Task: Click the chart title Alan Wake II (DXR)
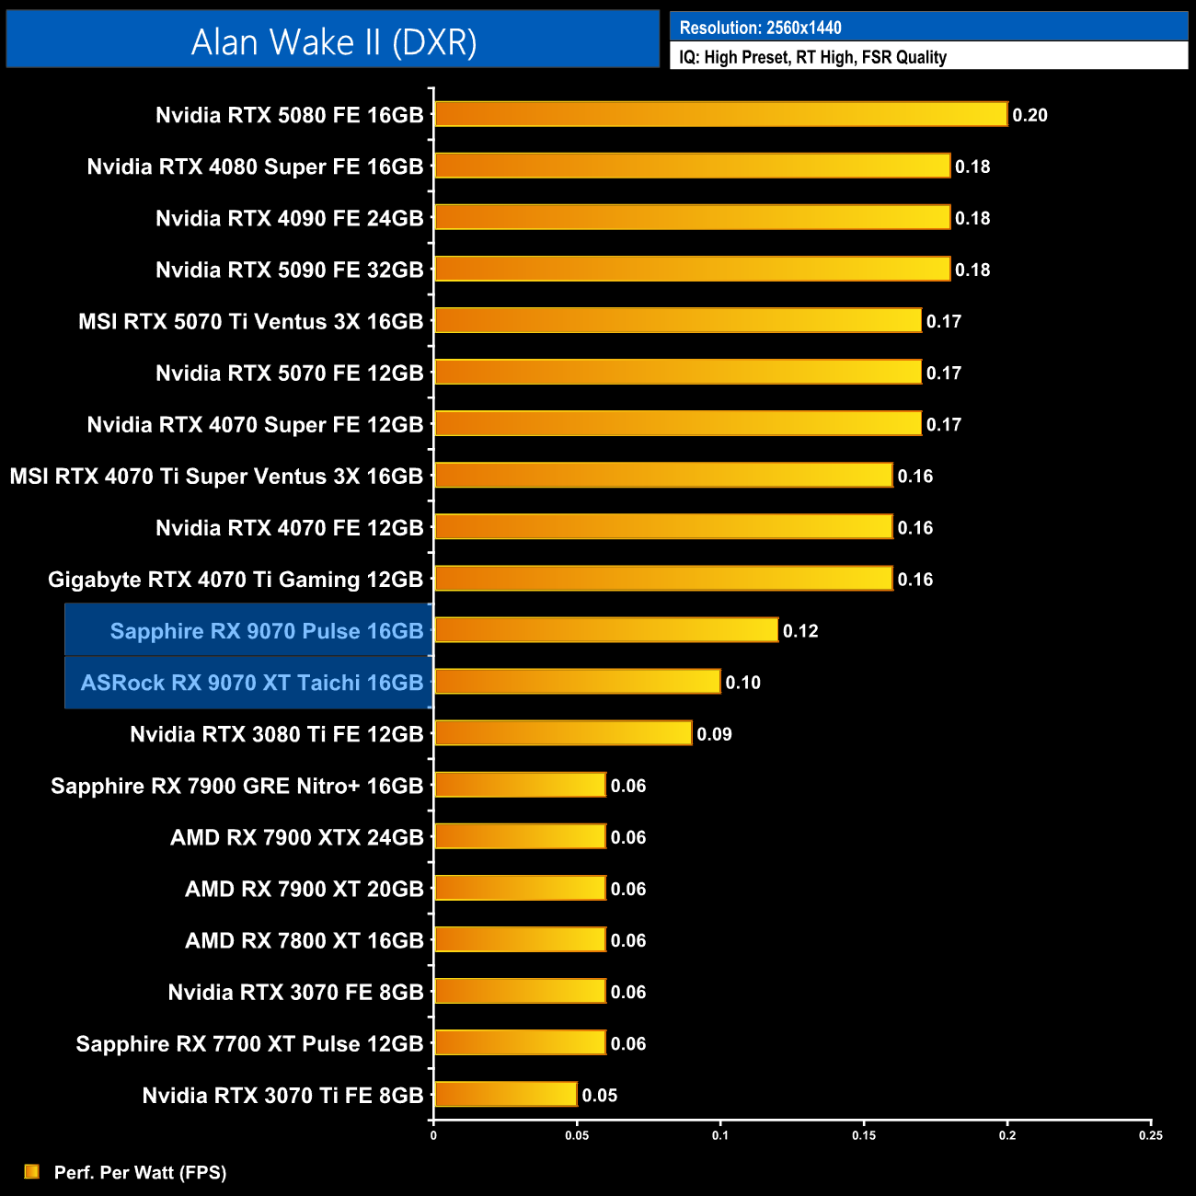pyautogui.click(x=334, y=41)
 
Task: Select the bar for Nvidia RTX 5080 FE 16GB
pyautogui.click(x=720, y=114)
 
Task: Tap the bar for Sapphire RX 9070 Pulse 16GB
pyautogui.click(x=606, y=630)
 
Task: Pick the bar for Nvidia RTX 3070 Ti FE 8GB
pyautogui.click(x=505, y=1095)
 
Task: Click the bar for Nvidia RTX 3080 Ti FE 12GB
pyautogui.click(x=563, y=733)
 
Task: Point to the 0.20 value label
pyautogui.click(x=1029, y=115)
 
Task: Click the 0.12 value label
pyautogui.click(x=800, y=631)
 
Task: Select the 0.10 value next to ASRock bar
pyautogui.click(x=742, y=683)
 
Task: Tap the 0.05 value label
pyautogui.click(x=600, y=1096)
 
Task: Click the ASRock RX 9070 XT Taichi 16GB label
pyautogui.click(x=252, y=683)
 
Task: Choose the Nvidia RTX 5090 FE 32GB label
pyautogui.click(x=289, y=270)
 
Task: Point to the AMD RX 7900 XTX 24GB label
pyautogui.click(x=296, y=837)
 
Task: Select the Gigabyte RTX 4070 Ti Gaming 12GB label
pyautogui.click(x=236, y=580)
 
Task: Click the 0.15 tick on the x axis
pyautogui.click(x=864, y=1135)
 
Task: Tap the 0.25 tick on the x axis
pyautogui.click(x=1150, y=1135)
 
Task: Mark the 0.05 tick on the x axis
pyautogui.click(x=577, y=1135)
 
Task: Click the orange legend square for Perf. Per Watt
pyautogui.click(x=32, y=1171)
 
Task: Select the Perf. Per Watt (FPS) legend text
pyautogui.click(x=140, y=1172)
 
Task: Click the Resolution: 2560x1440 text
pyautogui.click(x=760, y=28)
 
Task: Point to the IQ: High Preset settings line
pyautogui.click(x=812, y=57)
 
